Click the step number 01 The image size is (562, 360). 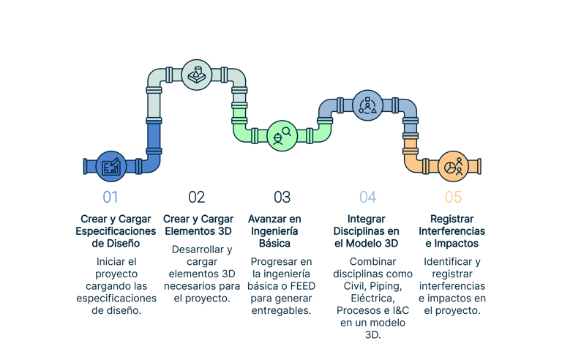[110, 197]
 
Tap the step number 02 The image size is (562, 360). [196, 197]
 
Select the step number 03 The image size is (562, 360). [282, 197]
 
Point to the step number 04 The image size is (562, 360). [367, 197]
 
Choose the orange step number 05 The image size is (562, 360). [453, 197]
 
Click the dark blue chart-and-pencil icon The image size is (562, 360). [112, 167]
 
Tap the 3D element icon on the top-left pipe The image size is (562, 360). [195, 75]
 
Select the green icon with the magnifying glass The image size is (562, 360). [282, 135]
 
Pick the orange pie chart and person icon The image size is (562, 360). [453, 167]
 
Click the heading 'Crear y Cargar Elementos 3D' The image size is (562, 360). [198, 225]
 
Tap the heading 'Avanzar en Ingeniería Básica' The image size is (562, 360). [275, 231]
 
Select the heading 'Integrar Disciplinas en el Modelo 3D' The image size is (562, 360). [367, 231]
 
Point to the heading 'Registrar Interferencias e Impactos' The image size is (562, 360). [453, 231]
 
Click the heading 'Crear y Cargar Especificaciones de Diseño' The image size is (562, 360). [116, 231]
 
